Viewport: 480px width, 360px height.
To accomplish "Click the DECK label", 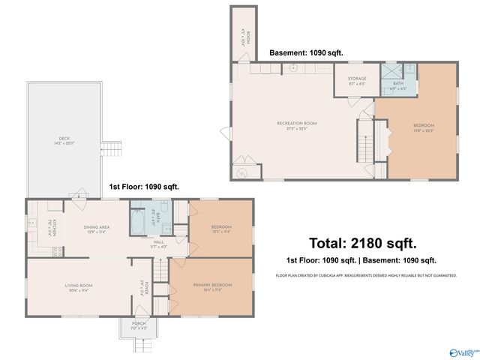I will tap(64, 139).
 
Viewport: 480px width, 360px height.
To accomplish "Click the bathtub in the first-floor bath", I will tap(139, 222).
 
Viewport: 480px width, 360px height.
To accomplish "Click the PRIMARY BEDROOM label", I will tap(212, 285).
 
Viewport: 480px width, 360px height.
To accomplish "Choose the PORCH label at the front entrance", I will tap(139, 323).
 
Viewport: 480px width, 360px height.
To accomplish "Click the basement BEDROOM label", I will tap(423, 125).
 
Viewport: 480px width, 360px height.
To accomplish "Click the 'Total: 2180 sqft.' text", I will tap(363, 243).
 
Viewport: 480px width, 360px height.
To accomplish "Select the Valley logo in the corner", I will tap(462, 351).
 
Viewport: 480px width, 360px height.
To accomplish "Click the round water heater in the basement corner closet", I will tap(241, 172).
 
